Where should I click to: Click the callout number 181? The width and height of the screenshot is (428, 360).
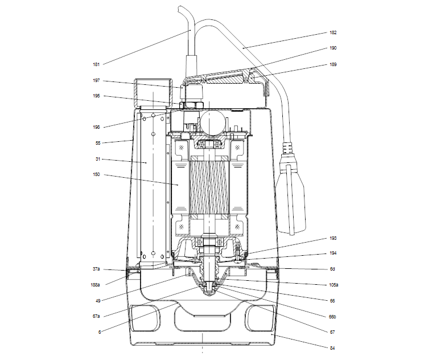(x=96, y=64)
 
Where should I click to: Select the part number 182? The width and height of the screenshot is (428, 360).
(x=333, y=33)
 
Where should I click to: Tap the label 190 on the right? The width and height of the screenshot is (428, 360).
(x=333, y=49)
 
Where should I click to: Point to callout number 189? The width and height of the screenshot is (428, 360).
(x=333, y=64)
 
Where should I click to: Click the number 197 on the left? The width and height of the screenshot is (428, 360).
(x=96, y=80)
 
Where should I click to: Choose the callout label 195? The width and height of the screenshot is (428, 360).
(x=96, y=96)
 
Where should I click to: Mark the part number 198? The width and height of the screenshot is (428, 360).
(x=96, y=128)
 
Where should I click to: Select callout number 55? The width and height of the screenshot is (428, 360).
(x=97, y=144)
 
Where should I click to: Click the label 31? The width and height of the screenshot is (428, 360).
(x=97, y=159)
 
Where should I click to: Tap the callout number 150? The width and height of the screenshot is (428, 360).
(x=96, y=175)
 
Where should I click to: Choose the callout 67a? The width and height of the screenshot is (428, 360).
(x=96, y=315)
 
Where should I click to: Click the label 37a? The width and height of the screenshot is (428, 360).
(x=96, y=268)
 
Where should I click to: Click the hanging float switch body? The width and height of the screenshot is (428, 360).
(x=292, y=197)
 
